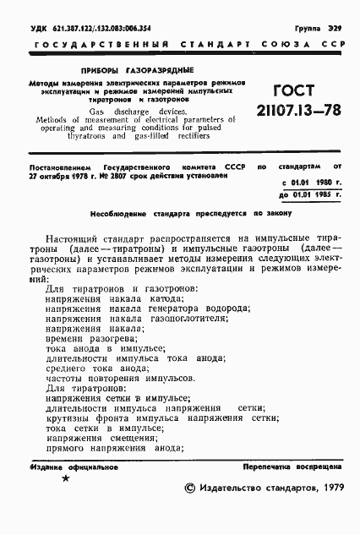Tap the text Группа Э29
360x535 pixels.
click(320, 28)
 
